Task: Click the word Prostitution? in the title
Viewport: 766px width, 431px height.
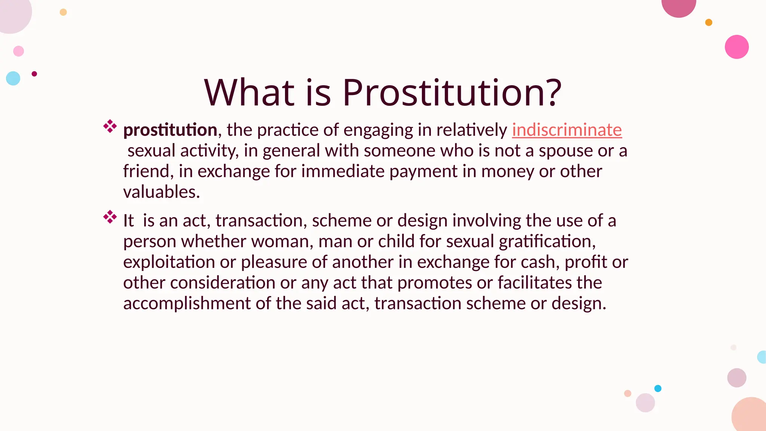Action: pyautogui.click(x=452, y=92)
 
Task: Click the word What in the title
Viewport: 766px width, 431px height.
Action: pyautogui.click(x=249, y=92)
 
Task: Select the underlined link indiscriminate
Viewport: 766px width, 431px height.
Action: pyautogui.click(x=567, y=130)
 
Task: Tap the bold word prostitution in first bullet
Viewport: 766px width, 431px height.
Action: pyautogui.click(x=170, y=130)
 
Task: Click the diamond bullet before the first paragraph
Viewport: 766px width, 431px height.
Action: pyautogui.click(x=110, y=126)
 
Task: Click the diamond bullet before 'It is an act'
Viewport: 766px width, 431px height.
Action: pyautogui.click(x=110, y=217)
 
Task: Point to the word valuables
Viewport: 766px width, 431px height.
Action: pyautogui.click(x=161, y=192)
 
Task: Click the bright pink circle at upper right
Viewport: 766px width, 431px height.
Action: pyautogui.click(x=736, y=47)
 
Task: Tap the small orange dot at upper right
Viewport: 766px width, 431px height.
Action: pyautogui.click(x=708, y=22)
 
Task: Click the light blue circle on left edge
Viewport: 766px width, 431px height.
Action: pyautogui.click(x=13, y=78)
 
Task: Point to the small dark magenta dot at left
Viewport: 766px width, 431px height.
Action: pyautogui.click(x=34, y=74)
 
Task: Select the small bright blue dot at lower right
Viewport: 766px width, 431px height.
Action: pyautogui.click(x=658, y=388)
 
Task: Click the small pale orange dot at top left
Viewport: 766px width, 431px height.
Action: pyautogui.click(x=63, y=12)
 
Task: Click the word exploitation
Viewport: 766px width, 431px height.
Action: pyautogui.click(x=169, y=262)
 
